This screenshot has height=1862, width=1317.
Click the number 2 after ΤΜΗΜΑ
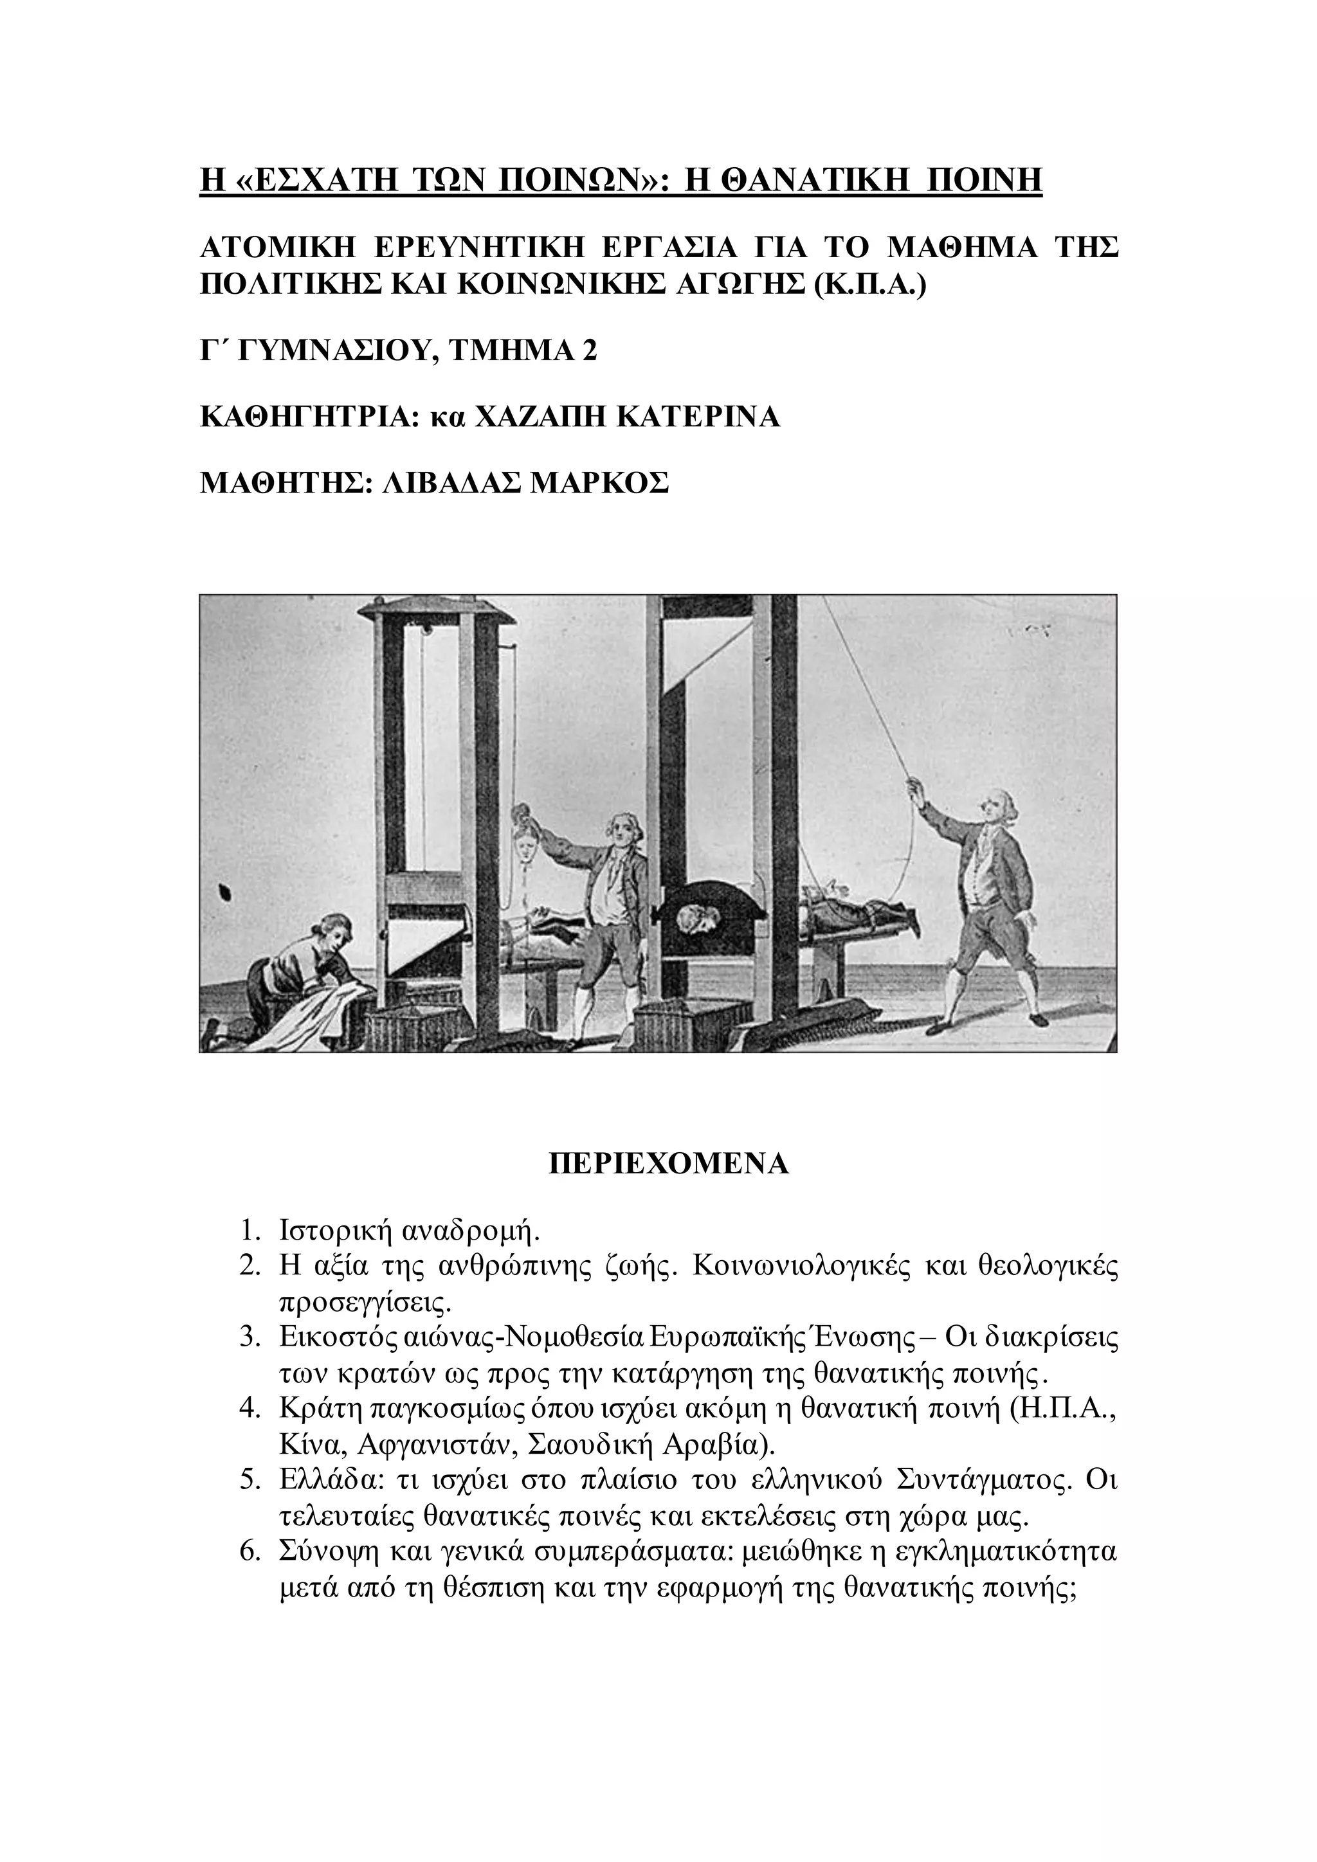point(590,350)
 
